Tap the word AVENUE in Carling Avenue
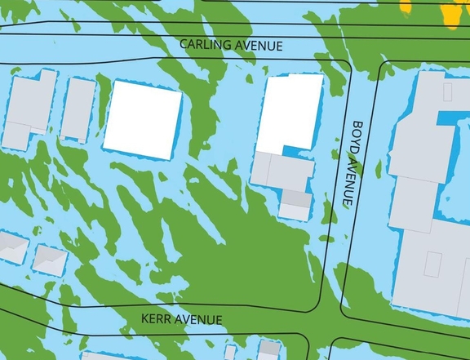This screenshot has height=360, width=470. coord(258,47)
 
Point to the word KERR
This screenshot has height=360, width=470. coord(159,319)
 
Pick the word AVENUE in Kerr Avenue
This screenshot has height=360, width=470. coord(199,319)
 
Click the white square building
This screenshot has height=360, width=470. coord(142,119)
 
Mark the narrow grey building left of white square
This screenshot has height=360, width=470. coord(78,109)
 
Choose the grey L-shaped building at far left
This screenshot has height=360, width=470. coord(29,110)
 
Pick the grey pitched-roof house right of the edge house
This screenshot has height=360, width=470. coord(51,260)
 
